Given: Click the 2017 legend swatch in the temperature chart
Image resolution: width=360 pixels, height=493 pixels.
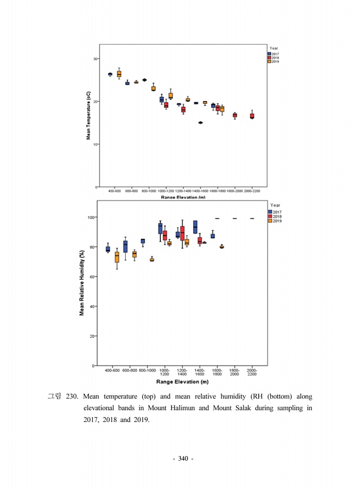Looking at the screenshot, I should pos(268,53).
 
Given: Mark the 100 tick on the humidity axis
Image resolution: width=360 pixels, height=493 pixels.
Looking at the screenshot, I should pos(92,217).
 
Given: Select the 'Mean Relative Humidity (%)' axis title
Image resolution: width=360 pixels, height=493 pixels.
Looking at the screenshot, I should pos(82,282).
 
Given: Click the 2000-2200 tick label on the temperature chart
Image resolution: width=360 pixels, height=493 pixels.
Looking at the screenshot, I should pos(252,191).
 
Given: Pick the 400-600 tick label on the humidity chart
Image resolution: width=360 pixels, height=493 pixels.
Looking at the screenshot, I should pos(112,371).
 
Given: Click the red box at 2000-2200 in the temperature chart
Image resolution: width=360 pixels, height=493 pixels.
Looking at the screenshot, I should pos(252,116).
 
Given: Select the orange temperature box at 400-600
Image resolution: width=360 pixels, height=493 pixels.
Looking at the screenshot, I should pos(119,74).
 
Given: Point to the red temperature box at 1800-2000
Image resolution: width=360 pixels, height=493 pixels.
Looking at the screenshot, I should pos(235,115).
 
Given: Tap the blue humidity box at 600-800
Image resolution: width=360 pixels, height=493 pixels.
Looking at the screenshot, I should pos(125,246).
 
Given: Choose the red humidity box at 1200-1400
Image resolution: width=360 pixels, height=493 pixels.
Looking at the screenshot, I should pos(183,232).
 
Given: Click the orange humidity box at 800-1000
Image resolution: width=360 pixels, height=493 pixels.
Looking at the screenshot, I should pos(152,259).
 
